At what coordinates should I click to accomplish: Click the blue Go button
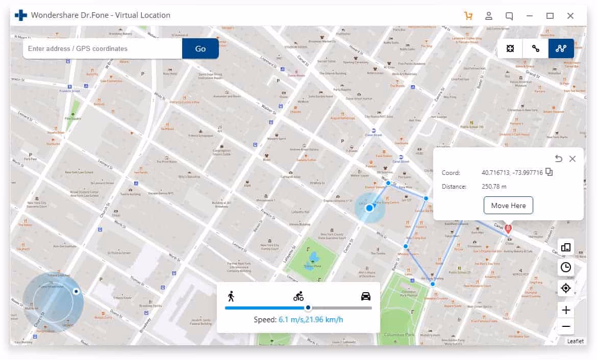200,48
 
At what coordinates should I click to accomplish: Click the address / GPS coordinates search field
102,48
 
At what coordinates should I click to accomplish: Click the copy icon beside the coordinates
549,172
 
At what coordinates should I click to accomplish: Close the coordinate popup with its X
573,159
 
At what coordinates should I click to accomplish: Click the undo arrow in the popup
559,159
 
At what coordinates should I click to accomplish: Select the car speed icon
366,296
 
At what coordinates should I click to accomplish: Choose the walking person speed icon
231,296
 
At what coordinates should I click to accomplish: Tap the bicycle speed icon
298,296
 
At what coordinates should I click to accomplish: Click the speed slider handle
308,308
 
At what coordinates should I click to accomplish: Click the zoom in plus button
566,310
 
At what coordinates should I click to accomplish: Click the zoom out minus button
566,326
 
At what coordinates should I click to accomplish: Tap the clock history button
566,267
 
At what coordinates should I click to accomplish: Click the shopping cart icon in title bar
468,15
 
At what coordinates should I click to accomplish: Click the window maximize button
550,15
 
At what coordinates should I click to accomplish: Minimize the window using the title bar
530,15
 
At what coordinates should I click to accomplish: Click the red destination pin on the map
508,229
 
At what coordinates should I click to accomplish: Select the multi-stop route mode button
561,48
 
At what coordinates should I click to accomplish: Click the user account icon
489,15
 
